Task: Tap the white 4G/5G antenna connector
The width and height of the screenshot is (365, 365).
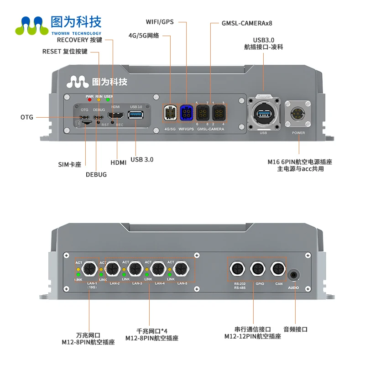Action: pos(171,112)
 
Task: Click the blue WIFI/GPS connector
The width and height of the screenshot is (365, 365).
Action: pos(186,112)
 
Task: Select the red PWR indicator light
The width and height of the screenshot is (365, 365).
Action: pos(89,100)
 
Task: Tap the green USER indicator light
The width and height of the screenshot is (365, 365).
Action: pos(108,100)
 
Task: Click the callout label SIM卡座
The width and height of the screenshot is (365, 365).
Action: pos(69,164)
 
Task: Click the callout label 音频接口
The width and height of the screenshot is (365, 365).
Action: pos(295,329)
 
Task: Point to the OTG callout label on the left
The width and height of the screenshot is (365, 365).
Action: pos(27,117)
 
